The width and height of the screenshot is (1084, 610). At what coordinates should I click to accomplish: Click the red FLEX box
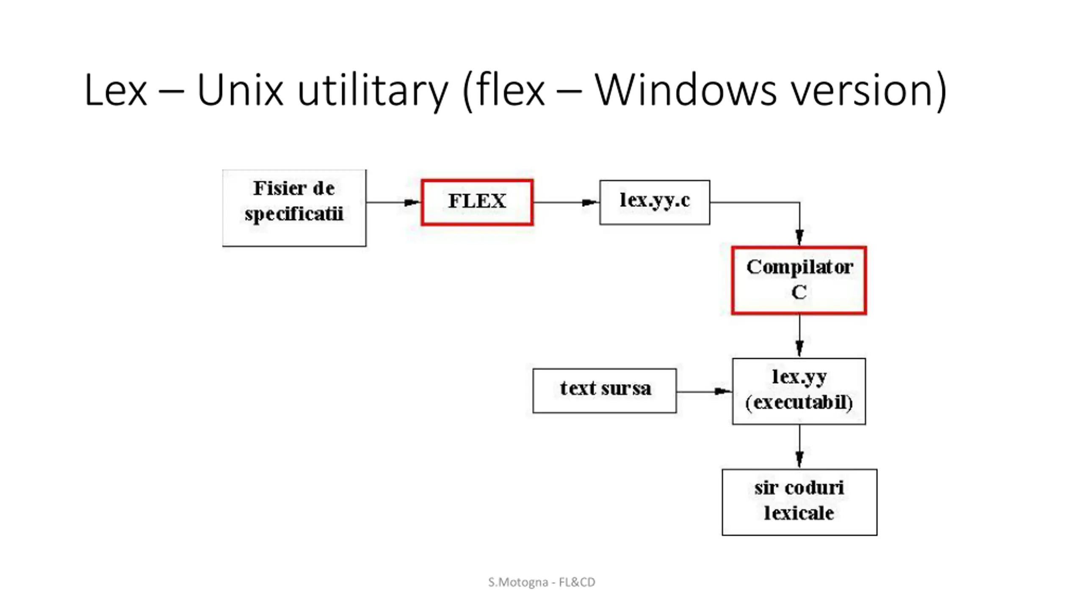tap(477, 202)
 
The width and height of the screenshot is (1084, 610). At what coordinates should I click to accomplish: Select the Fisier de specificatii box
tap(294, 208)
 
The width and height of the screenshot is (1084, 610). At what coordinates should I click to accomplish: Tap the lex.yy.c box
tap(655, 202)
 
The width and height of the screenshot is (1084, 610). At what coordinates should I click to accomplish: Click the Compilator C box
tap(799, 280)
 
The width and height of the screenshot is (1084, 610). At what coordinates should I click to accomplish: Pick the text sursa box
tap(605, 390)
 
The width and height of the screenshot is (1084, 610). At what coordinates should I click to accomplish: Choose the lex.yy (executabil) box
tap(799, 391)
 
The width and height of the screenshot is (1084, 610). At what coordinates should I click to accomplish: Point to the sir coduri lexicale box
tap(799, 502)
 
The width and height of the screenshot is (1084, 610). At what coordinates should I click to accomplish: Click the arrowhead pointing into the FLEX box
tap(412, 202)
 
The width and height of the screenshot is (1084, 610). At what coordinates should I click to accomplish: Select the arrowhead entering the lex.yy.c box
tap(590, 202)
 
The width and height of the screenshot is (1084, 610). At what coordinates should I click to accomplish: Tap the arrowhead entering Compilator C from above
tap(799, 237)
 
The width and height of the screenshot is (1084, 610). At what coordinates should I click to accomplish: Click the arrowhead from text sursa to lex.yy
tap(722, 391)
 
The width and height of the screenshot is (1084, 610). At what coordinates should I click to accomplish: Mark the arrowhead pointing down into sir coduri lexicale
tap(799, 459)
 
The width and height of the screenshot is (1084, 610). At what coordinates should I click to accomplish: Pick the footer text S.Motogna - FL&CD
tap(542, 582)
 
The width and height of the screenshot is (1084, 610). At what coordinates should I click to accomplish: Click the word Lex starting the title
tap(116, 90)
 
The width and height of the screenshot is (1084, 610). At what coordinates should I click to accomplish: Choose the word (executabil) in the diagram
tap(799, 402)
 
